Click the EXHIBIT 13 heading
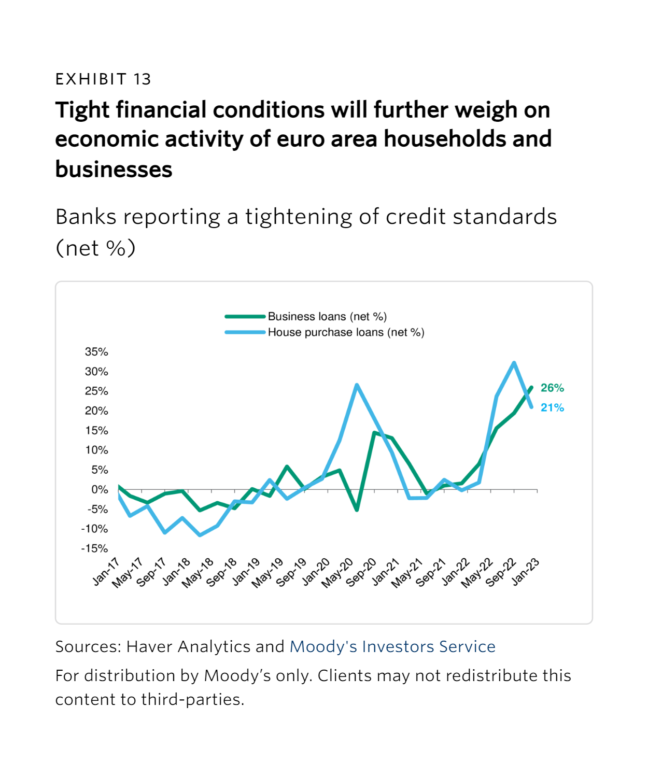(103, 79)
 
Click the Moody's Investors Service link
(392, 646)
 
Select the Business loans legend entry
(327, 316)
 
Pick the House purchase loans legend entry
(345, 332)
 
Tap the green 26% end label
(552, 388)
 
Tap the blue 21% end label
(552, 408)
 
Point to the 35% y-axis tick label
(96, 352)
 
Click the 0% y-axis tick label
(100, 490)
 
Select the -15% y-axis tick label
(94, 548)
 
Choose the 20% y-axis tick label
(96, 411)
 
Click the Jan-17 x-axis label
(106, 572)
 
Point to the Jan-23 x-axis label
(526, 572)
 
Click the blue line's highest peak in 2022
(514, 363)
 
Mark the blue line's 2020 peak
(357, 385)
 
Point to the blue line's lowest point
(200, 535)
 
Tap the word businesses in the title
(114, 169)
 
